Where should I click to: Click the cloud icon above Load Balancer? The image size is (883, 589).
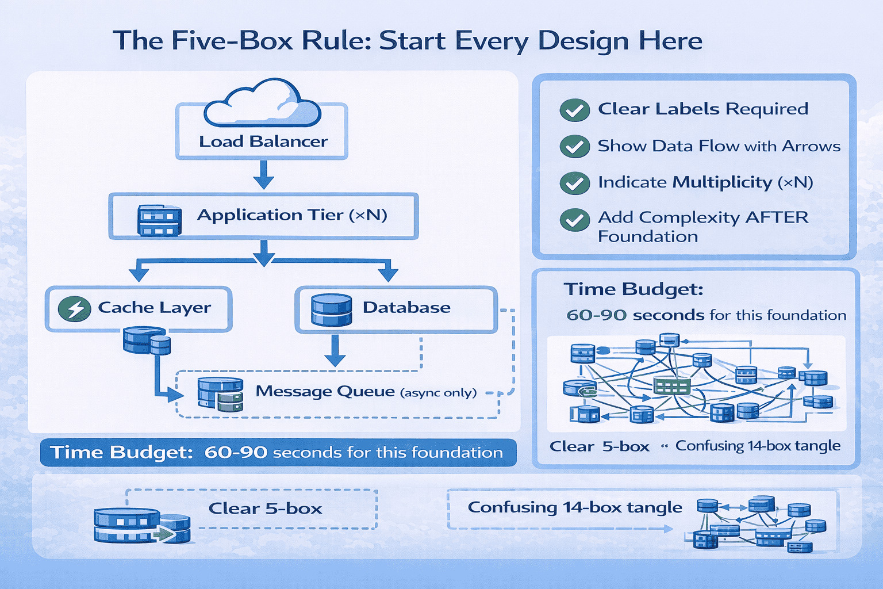[262, 104]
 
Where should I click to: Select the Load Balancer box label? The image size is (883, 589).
[263, 141]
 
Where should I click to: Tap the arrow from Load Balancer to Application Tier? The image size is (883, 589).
[263, 175]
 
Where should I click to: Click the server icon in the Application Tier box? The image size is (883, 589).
[159, 220]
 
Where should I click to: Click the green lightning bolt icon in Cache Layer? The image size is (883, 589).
[75, 309]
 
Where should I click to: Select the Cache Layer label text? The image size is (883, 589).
[154, 308]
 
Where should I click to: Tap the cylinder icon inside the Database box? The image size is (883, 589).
[331, 310]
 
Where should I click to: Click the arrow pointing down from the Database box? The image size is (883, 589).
[335, 351]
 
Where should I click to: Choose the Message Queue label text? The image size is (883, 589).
[325, 392]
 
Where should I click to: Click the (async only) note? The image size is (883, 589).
[439, 393]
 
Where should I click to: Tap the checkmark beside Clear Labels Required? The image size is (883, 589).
[574, 110]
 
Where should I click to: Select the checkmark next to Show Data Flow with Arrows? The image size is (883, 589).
[574, 147]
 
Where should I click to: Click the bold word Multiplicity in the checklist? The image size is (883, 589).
[722, 182]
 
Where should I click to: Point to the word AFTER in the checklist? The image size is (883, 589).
[777, 217]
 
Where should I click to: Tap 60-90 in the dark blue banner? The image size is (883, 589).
[236, 453]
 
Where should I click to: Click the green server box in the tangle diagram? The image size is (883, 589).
[671, 386]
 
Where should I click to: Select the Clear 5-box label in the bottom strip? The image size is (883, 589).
[265, 508]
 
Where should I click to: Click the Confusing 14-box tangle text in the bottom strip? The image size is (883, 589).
[574, 507]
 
